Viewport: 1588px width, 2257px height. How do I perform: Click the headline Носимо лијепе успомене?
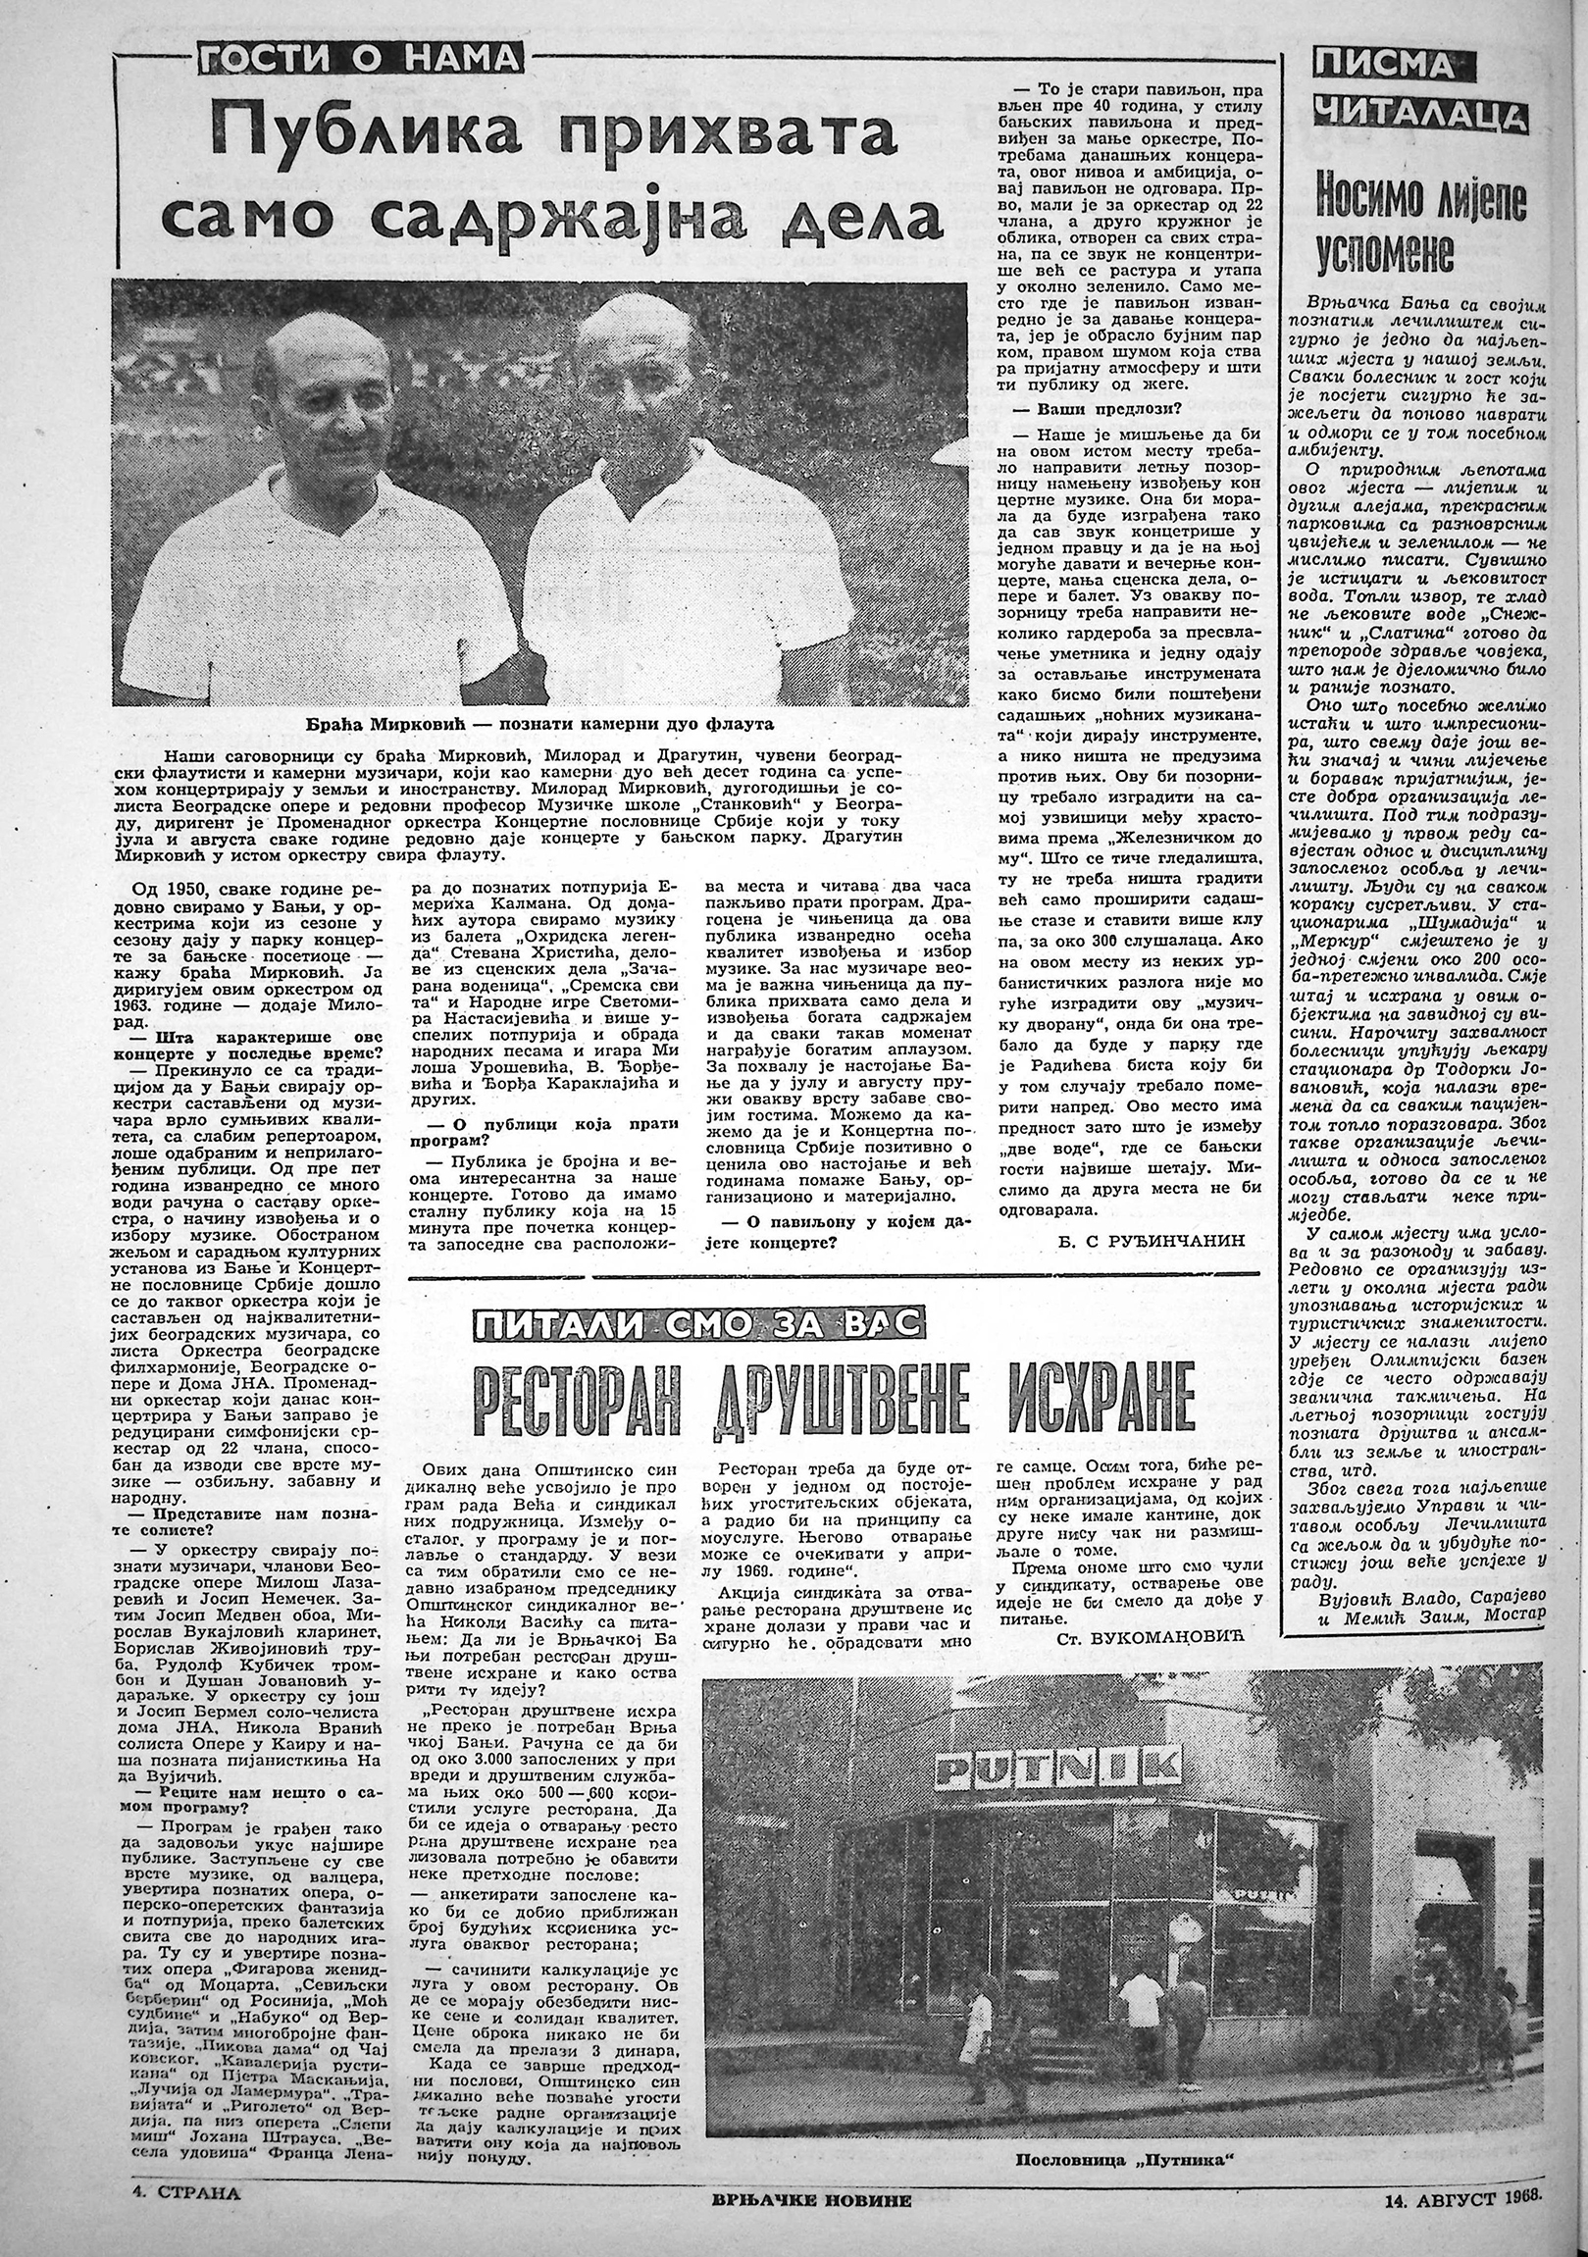click(1420, 225)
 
